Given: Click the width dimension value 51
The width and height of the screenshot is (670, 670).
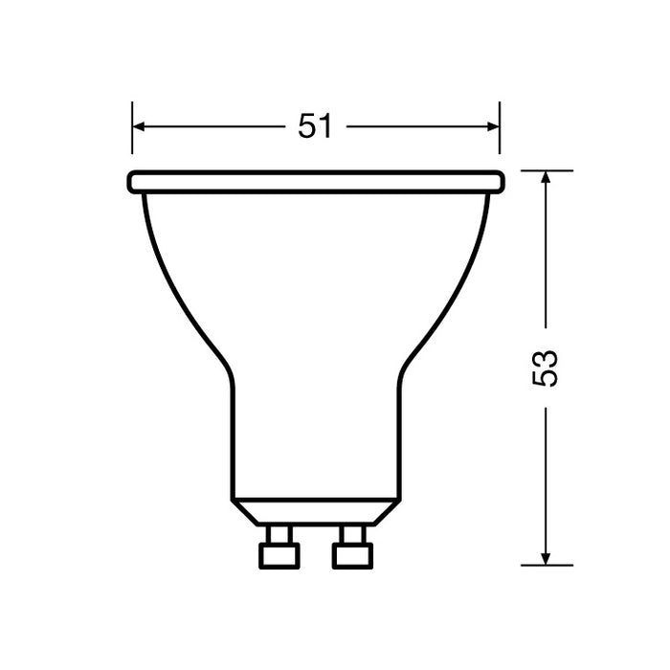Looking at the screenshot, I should [x=315, y=126].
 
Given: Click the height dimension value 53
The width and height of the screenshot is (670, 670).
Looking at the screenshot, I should [x=545, y=368].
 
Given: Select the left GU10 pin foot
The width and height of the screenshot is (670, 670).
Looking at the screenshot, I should [x=279, y=554].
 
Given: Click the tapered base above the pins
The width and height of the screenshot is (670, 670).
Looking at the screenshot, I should [x=315, y=511].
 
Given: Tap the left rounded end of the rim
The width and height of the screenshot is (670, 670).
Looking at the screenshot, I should [x=131, y=182].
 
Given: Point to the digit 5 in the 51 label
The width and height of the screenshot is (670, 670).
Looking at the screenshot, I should [x=306, y=126].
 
